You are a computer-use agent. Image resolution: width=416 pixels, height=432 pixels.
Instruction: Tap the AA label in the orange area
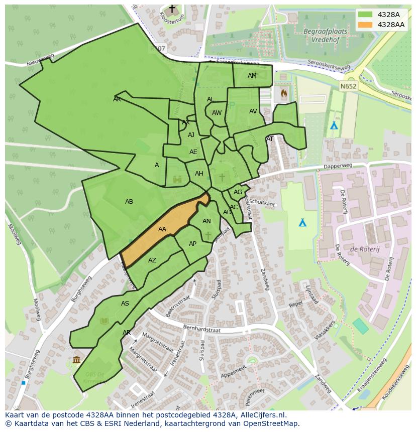pyautogui.click(x=162, y=229)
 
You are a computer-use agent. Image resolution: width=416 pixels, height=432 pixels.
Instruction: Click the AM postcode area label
pyautogui.click(x=252, y=76)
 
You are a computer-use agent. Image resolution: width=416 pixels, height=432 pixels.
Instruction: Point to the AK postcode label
pyautogui.click(x=117, y=99)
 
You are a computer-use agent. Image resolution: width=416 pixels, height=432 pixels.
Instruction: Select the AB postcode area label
pyautogui.click(x=129, y=202)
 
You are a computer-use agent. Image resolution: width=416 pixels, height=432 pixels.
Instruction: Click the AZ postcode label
pyautogui.click(x=152, y=260)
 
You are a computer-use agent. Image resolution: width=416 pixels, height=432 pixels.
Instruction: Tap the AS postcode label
pyautogui.click(x=125, y=304)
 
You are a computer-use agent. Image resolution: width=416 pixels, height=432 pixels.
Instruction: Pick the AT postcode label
pyautogui.click(x=270, y=139)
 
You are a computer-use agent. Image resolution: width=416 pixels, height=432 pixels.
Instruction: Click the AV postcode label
pyautogui.click(x=253, y=111)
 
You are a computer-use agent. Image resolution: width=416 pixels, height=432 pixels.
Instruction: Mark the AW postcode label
pyautogui.click(x=217, y=113)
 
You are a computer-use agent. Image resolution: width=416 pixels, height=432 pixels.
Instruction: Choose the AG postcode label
pyautogui.click(x=238, y=192)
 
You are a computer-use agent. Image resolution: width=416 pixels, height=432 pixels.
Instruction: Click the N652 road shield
pyautogui.click(x=347, y=86)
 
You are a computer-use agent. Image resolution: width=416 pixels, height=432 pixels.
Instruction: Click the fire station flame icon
pyautogui.click(x=283, y=93)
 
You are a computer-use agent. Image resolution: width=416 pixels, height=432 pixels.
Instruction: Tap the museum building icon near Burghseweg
pyautogui.click(x=76, y=359)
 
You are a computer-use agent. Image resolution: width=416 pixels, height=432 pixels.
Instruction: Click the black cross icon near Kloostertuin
pyautogui.click(x=172, y=9)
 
